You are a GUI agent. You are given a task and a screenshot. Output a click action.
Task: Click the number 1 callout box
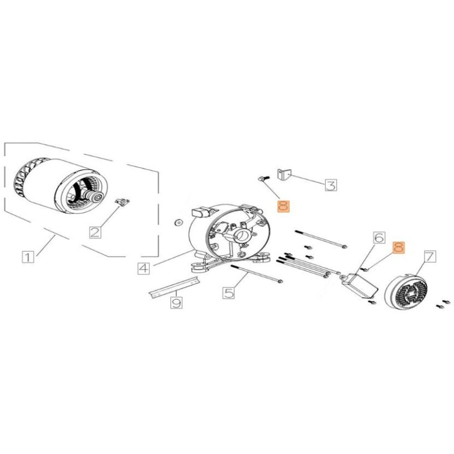28,257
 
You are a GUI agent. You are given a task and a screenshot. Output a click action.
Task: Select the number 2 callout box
95,231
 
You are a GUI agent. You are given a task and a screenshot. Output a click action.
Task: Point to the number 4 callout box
144,267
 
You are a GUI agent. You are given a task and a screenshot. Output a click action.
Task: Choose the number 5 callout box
229,293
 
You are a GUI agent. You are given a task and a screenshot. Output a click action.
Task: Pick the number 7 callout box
429,257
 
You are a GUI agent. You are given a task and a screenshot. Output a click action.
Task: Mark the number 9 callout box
176,303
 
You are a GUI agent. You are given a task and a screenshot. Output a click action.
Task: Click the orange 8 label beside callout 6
399,247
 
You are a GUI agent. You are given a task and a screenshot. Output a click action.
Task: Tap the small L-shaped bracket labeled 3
284,174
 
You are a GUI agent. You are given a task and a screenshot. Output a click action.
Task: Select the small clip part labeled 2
121,201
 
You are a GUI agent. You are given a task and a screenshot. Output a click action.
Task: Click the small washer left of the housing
178,221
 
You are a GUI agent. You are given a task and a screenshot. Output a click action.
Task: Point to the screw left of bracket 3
262,178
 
